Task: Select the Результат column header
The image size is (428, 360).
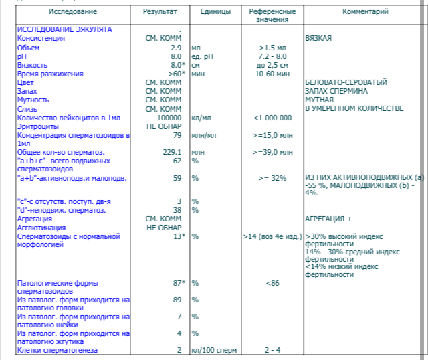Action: [160, 12]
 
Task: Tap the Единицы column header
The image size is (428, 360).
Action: [215, 12]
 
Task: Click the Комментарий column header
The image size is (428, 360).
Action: [365, 12]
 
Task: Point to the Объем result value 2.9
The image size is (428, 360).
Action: [176, 48]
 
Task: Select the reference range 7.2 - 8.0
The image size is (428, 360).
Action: [272, 57]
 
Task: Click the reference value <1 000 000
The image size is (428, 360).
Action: [272, 118]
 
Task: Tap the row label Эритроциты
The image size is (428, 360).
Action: [37, 126]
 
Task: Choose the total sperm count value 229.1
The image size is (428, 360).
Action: [172, 153]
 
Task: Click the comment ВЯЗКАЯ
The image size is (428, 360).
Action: [318, 39]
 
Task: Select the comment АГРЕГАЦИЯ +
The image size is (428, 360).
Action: [328, 219]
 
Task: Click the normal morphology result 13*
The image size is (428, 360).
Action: [177, 236]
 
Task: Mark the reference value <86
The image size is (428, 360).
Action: [272, 284]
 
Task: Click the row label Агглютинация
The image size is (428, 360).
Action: [42, 228]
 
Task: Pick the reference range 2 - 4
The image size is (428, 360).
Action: [272, 350]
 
